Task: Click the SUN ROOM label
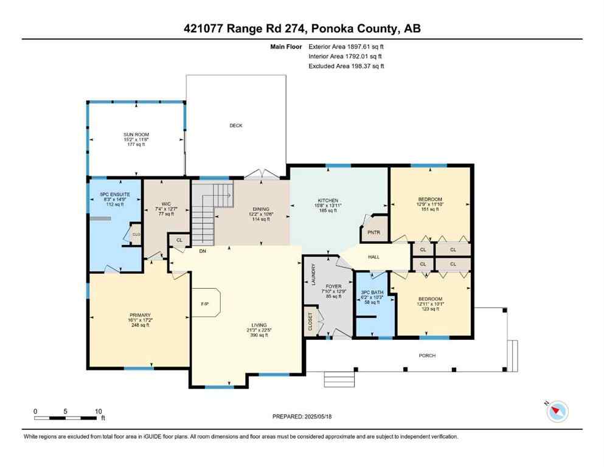click(136, 134)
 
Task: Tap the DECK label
click(236, 126)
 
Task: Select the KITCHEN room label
click(327, 200)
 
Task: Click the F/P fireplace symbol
click(205, 304)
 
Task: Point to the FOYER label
click(333, 286)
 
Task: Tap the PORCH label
click(428, 356)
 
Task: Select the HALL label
click(373, 257)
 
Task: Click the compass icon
click(557, 412)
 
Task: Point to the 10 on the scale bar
click(98, 411)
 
